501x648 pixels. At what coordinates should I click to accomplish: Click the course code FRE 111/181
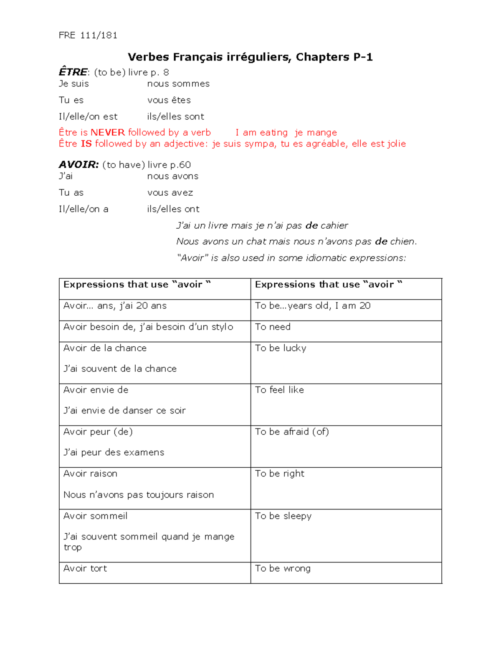[88, 35]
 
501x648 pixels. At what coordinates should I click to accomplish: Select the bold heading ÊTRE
[73, 72]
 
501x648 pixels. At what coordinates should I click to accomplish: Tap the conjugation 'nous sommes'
[178, 84]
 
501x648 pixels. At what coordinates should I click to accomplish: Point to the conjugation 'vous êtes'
[169, 100]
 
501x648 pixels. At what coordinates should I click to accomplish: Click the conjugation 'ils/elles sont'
[175, 116]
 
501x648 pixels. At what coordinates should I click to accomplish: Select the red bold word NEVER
[108, 133]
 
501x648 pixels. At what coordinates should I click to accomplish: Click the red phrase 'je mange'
[316, 133]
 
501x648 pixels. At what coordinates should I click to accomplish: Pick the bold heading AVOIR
[78, 165]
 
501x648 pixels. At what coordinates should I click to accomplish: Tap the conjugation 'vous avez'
[170, 193]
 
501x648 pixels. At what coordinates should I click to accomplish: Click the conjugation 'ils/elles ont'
[173, 209]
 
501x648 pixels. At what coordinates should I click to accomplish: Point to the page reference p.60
[180, 165]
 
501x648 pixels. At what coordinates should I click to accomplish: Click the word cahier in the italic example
[334, 226]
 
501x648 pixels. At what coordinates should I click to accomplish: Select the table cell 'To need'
[273, 327]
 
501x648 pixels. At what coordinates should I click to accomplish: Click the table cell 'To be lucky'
[281, 348]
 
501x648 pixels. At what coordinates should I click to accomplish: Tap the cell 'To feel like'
[279, 390]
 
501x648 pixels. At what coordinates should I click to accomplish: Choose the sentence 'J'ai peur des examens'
[114, 453]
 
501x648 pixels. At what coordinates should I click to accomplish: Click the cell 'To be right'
[280, 474]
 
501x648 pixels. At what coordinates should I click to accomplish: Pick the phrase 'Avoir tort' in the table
[85, 569]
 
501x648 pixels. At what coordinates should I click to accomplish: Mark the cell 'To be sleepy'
[283, 516]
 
